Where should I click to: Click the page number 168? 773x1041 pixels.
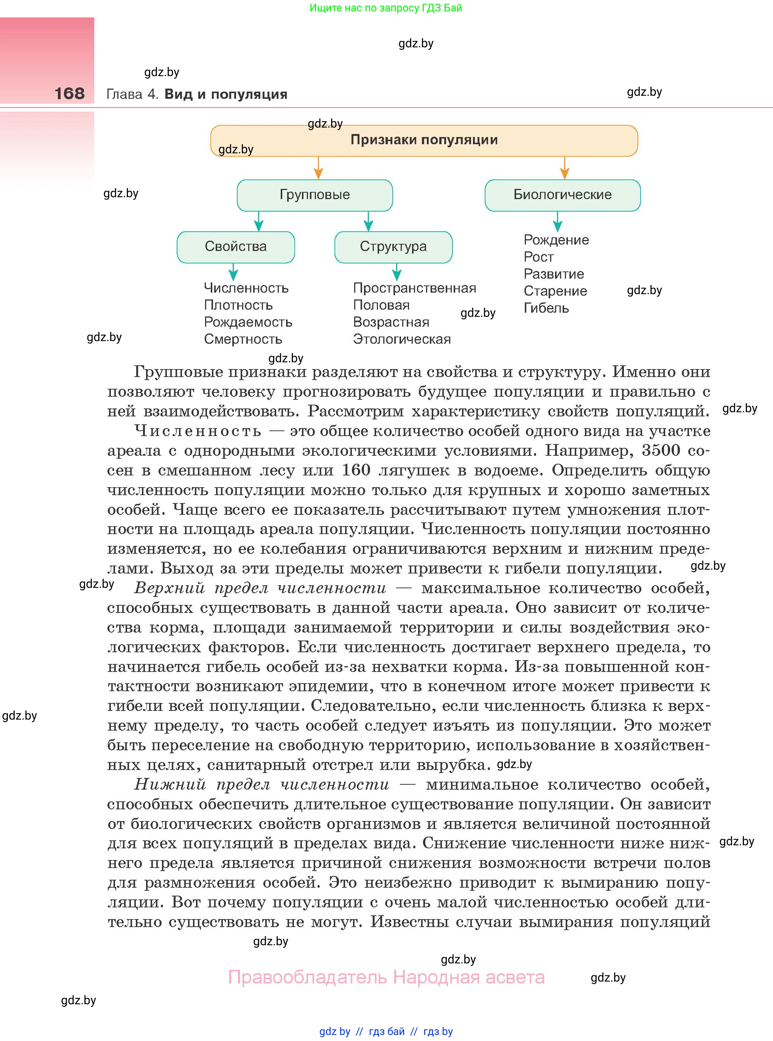(x=69, y=94)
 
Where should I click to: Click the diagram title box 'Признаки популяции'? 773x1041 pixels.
(x=424, y=140)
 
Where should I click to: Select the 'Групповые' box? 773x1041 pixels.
(x=314, y=195)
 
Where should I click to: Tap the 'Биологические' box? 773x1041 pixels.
(x=562, y=195)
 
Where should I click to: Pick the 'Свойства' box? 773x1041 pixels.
(x=235, y=247)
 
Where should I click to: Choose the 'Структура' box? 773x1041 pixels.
(x=393, y=247)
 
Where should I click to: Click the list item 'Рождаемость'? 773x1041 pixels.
(x=248, y=322)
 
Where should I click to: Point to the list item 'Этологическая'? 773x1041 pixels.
(x=401, y=339)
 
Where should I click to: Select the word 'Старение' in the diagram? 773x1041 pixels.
(x=555, y=291)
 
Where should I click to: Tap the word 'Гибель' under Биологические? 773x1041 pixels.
(x=546, y=308)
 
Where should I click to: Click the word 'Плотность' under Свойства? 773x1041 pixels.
(x=238, y=305)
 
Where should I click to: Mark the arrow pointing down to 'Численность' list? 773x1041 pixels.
(x=233, y=272)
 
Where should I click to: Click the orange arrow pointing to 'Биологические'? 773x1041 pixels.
(x=564, y=168)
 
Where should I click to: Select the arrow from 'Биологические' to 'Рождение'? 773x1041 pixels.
(x=557, y=221)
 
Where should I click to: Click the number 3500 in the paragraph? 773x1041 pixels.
(x=661, y=450)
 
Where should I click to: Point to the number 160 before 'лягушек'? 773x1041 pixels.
(x=356, y=470)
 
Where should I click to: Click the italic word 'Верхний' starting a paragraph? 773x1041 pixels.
(x=170, y=588)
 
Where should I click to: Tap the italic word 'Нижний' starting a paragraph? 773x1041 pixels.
(x=170, y=784)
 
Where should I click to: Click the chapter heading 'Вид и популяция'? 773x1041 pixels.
(x=226, y=94)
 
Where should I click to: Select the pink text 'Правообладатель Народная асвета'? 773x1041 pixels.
(x=386, y=977)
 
